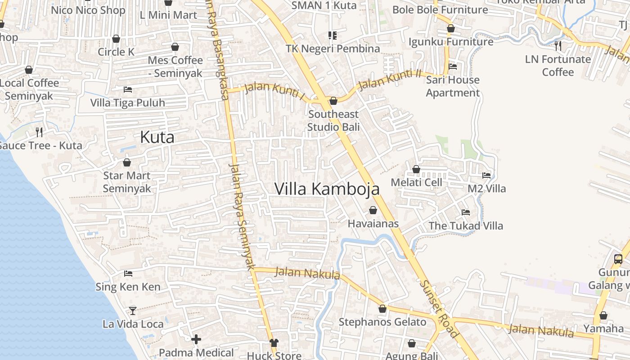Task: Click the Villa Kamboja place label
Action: click(x=327, y=189)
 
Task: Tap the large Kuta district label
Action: click(x=157, y=137)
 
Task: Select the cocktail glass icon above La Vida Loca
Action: click(x=133, y=310)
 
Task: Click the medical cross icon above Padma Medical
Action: click(x=196, y=339)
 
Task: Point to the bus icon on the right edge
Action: click(x=618, y=259)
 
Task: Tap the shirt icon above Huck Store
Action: click(x=274, y=343)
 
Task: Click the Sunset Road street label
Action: click(x=439, y=309)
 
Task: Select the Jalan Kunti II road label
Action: click(x=390, y=79)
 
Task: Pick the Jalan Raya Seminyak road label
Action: click(x=242, y=216)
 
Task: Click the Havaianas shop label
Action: click(x=373, y=224)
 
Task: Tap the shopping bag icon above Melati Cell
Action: click(x=416, y=169)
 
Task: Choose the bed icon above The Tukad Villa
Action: click(x=466, y=212)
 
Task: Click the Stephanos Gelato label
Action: click(x=382, y=322)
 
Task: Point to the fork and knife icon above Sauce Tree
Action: click(x=39, y=132)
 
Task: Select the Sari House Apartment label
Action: click(x=453, y=86)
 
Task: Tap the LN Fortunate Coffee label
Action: click(x=558, y=66)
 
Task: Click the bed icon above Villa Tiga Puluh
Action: click(x=128, y=90)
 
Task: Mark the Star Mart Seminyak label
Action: click(x=127, y=182)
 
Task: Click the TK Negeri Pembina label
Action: click(x=333, y=48)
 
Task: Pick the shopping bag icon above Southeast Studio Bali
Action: click(x=333, y=101)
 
